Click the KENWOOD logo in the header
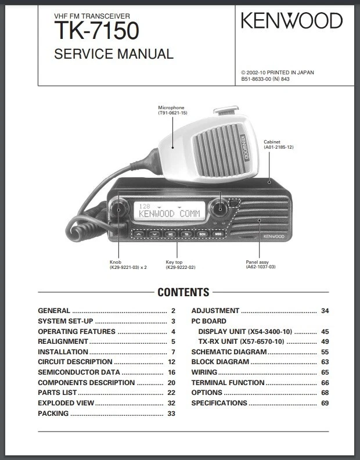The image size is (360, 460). click(292, 21)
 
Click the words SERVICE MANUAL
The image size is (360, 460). click(114, 54)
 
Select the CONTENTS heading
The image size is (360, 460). click(183, 292)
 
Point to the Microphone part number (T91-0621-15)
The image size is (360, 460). click(172, 113)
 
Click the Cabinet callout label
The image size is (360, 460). click(272, 142)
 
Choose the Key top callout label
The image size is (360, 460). click(174, 262)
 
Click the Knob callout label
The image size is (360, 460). click(116, 262)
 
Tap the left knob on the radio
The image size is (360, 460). click(120, 209)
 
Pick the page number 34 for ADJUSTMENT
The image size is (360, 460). click(325, 311)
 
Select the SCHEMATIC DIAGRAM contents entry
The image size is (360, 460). click(229, 352)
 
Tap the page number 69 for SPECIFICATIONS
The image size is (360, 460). click(325, 403)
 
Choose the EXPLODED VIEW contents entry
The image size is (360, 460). click(66, 403)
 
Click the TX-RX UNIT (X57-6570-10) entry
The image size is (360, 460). click(241, 342)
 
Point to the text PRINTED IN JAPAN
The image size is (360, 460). click(289, 73)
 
